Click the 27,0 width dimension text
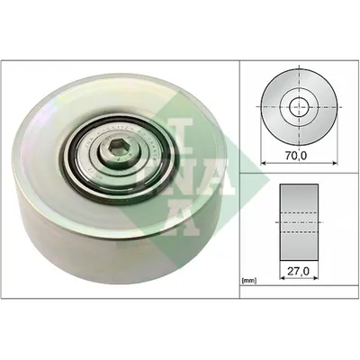(299, 271)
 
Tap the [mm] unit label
(248, 281)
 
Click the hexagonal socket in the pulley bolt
(115, 148)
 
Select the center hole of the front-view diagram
(299, 106)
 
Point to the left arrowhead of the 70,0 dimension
(264, 163)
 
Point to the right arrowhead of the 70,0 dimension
(335, 163)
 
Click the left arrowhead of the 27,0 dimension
(283, 278)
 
